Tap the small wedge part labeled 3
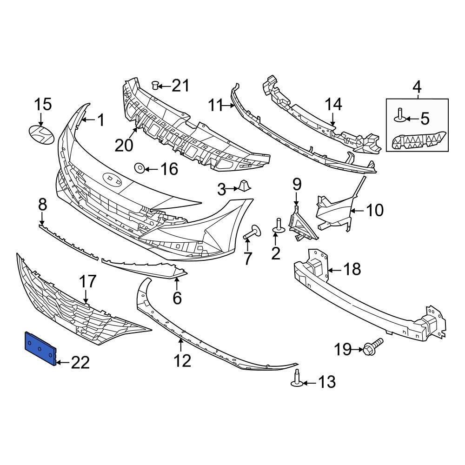244,186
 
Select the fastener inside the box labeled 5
400,115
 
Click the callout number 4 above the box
417,86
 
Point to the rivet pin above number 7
252,231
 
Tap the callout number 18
352,269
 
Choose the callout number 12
182,360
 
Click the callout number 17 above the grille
87,282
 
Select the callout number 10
375,210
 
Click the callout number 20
124,145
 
